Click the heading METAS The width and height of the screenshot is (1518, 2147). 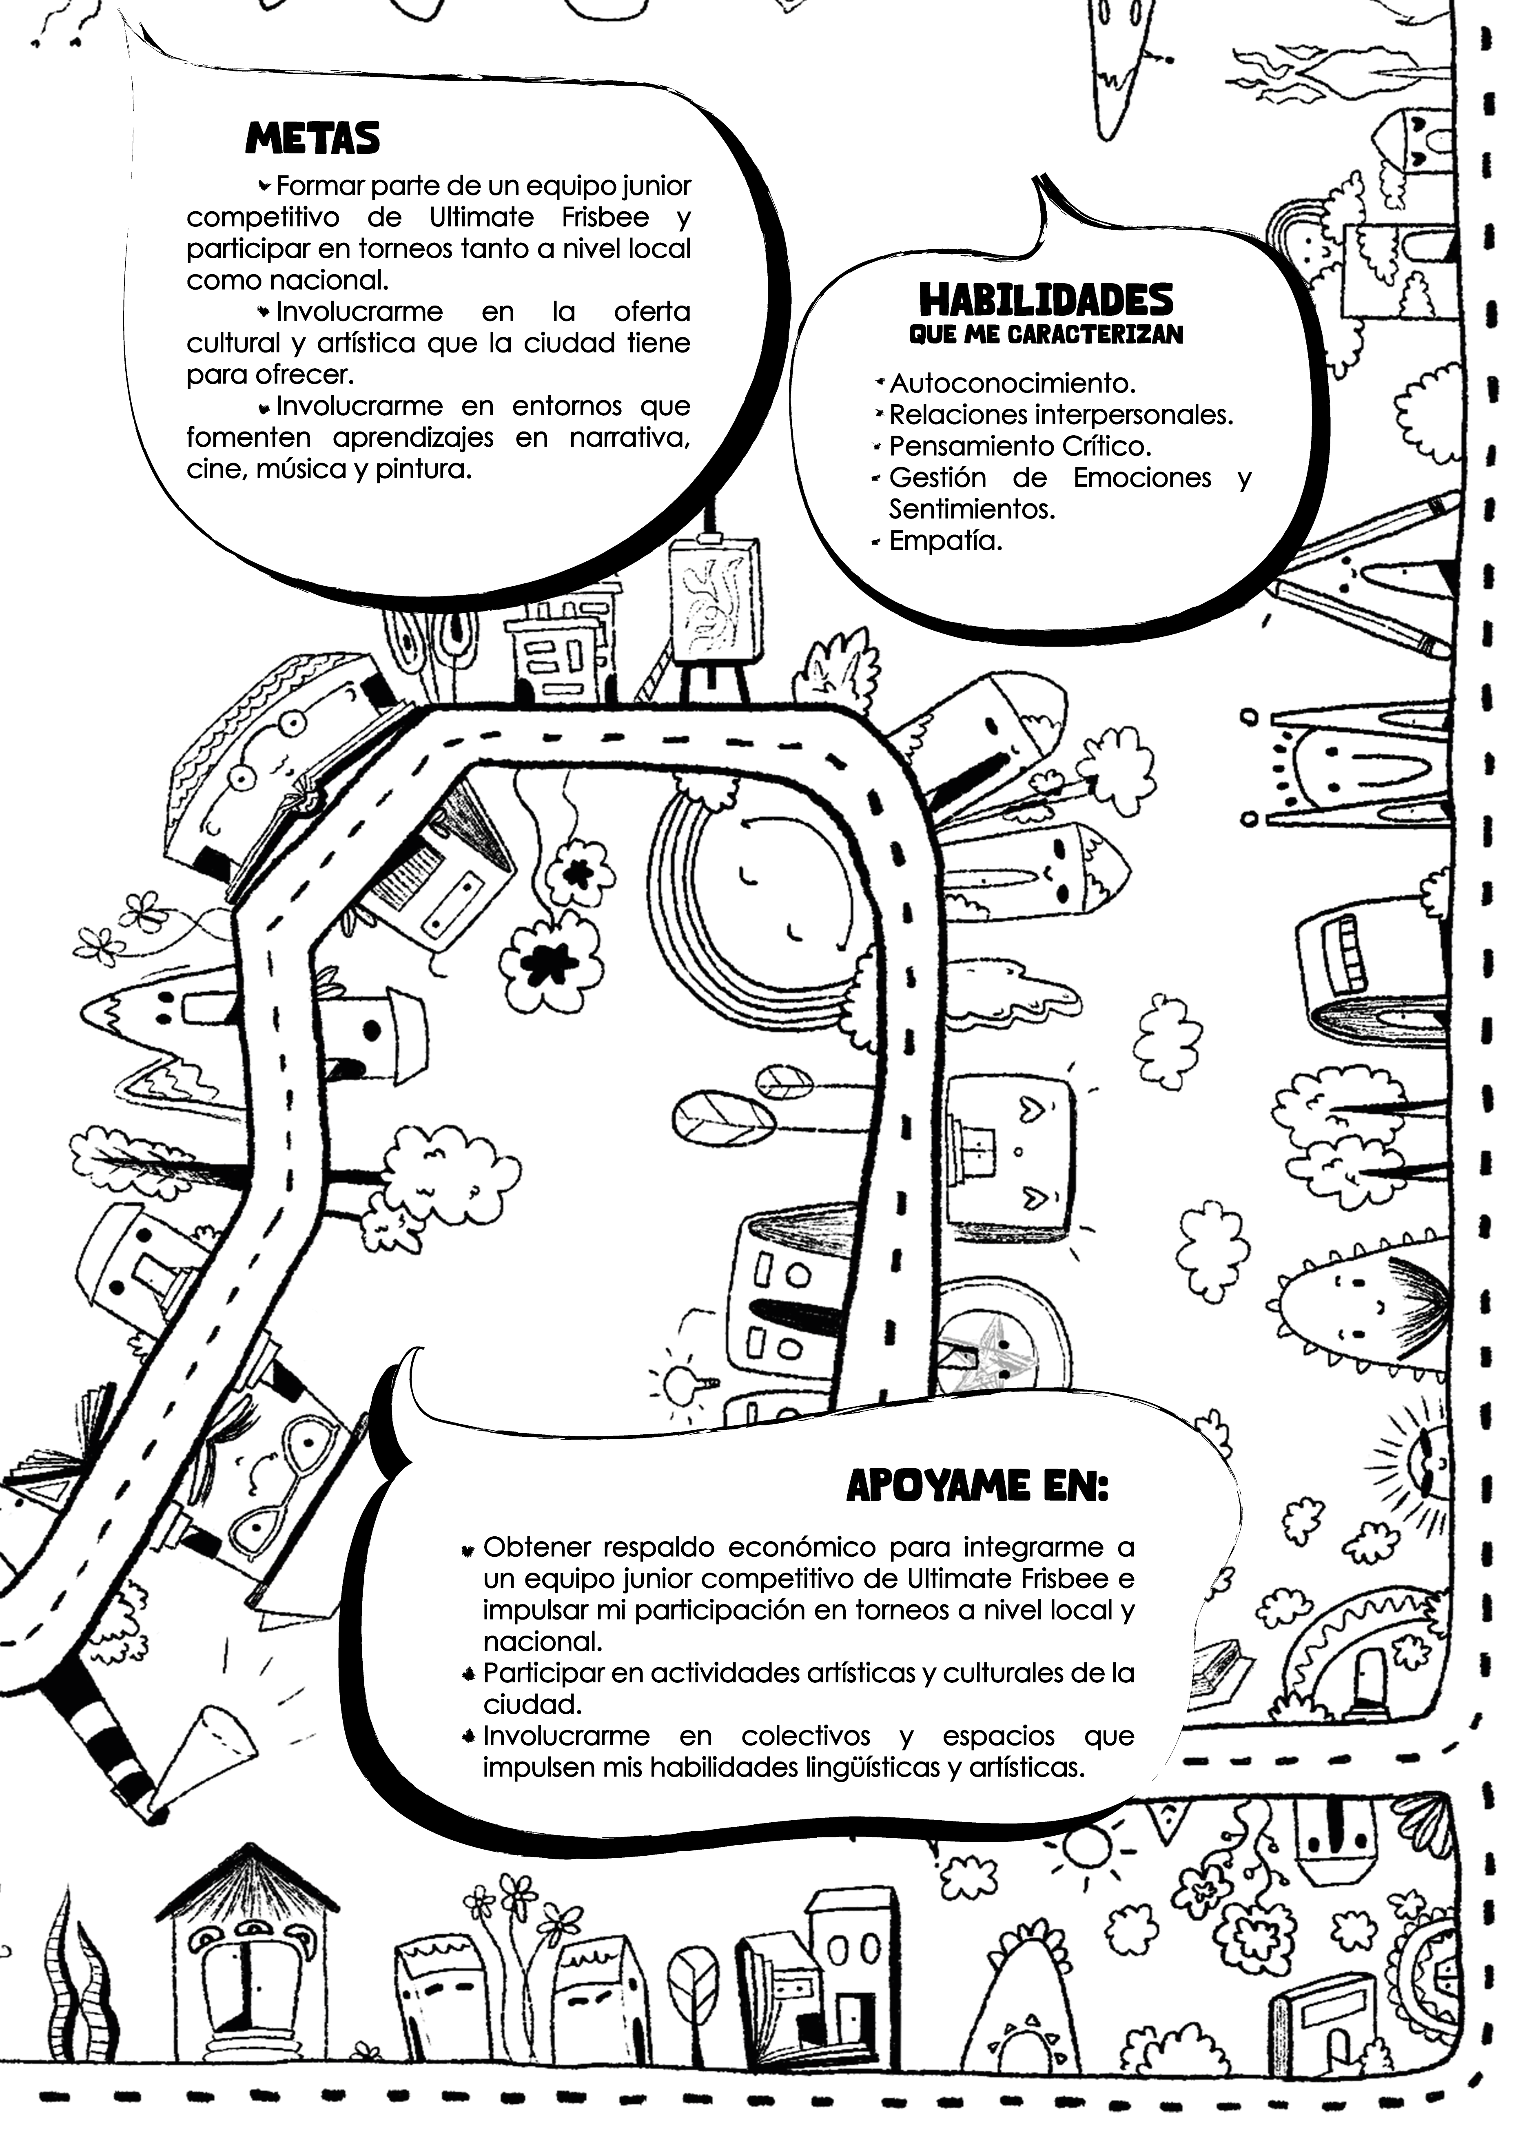(x=312, y=138)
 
